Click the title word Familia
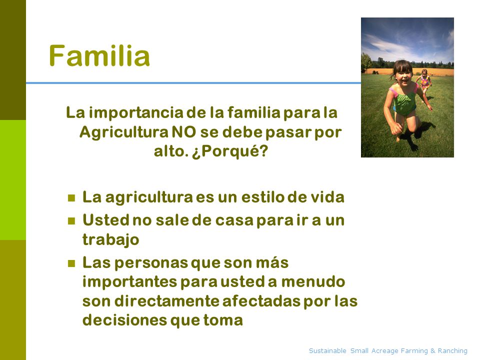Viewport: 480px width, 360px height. click(99, 55)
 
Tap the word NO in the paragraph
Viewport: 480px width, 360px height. click(183, 132)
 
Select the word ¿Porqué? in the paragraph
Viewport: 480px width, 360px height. click(230, 151)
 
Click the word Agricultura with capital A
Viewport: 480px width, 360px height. click(123, 132)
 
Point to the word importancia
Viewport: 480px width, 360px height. click(136, 113)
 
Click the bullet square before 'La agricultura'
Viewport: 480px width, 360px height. click(71, 198)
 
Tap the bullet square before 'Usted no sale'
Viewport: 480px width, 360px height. click(71, 221)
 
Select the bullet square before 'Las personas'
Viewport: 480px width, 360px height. click(71, 263)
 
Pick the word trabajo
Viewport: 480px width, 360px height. click(111, 239)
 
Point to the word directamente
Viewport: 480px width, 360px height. click(166, 301)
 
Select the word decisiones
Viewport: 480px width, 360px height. click(124, 320)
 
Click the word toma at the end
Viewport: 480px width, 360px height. click(223, 320)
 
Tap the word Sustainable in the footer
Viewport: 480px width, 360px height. click(327, 350)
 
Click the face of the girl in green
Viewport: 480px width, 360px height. click(403, 75)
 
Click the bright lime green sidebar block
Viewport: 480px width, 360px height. click(13, 180)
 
